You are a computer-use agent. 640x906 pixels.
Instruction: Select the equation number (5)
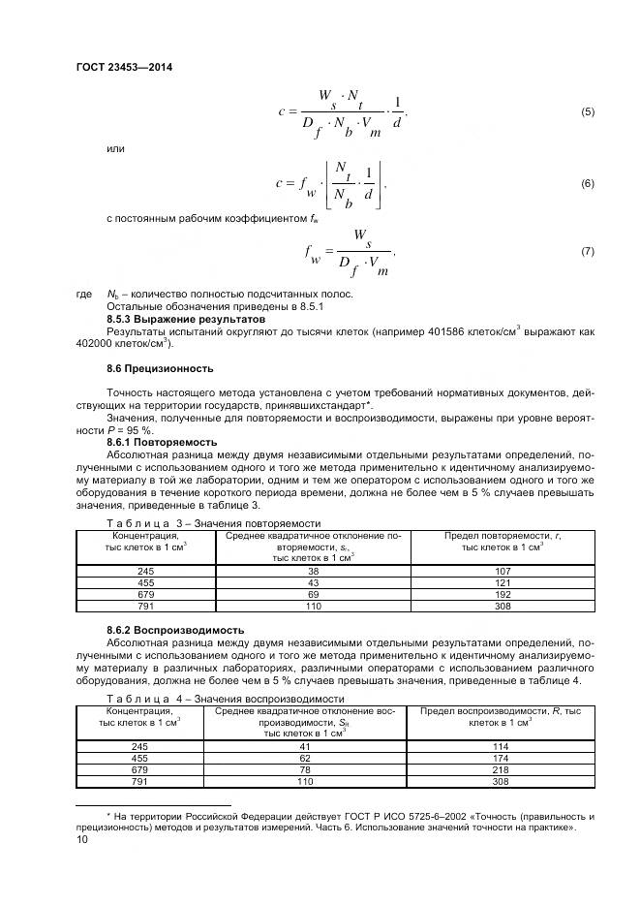[587, 112]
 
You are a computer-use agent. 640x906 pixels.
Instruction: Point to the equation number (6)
[587, 183]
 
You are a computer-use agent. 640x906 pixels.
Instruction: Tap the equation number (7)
[587, 252]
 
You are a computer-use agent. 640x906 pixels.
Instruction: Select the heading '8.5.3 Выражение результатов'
[168, 318]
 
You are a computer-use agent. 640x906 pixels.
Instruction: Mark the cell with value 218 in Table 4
[500, 768]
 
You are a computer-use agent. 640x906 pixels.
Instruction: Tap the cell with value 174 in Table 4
[500, 757]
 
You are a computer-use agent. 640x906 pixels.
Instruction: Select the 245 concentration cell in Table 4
[139, 745]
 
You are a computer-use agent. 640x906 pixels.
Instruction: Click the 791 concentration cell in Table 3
[145, 606]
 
